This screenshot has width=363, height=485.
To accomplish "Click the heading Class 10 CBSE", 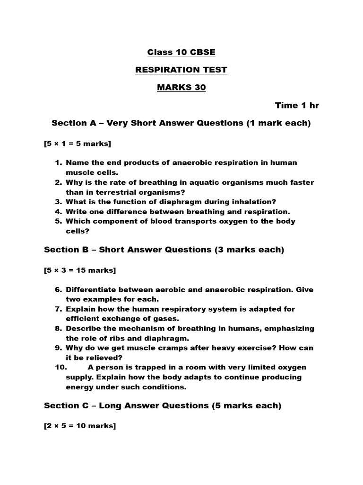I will (181, 52).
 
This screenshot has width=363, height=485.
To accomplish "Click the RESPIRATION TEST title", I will (181, 70).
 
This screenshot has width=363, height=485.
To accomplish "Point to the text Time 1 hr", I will (297, 106).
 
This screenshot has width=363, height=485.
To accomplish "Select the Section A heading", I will (181, 123).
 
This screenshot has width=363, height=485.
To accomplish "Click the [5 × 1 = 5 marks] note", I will (78, 144).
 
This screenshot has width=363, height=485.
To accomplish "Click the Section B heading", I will (164, 250).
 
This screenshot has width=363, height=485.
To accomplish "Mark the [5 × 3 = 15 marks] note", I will (79, 270).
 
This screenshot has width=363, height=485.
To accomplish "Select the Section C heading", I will (162, 406).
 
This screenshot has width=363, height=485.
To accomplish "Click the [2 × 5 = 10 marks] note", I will (79, 426).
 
